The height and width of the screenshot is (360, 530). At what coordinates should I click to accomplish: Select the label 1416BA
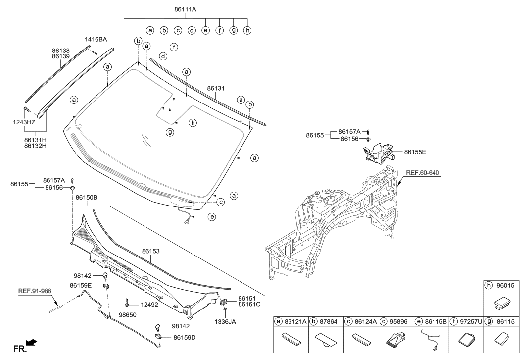[96, 39]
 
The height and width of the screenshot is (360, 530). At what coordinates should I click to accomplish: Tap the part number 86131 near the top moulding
[216, 88]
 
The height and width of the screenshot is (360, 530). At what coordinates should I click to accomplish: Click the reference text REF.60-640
[422, 173]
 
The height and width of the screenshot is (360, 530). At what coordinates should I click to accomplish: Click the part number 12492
[148, 305]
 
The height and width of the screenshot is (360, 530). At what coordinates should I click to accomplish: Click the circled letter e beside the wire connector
[212, 217]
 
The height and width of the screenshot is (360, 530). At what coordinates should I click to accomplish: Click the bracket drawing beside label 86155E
[379, 152]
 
